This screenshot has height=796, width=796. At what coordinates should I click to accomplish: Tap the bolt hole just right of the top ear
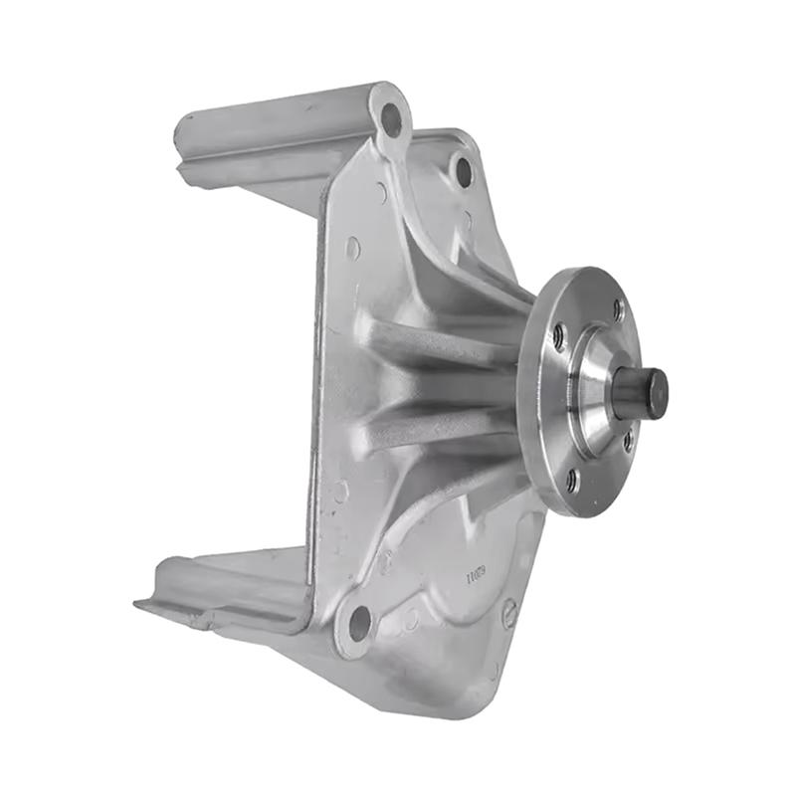463,171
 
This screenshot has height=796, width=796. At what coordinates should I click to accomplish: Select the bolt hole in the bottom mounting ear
359,624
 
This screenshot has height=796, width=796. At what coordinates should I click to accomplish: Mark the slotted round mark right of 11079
509,612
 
